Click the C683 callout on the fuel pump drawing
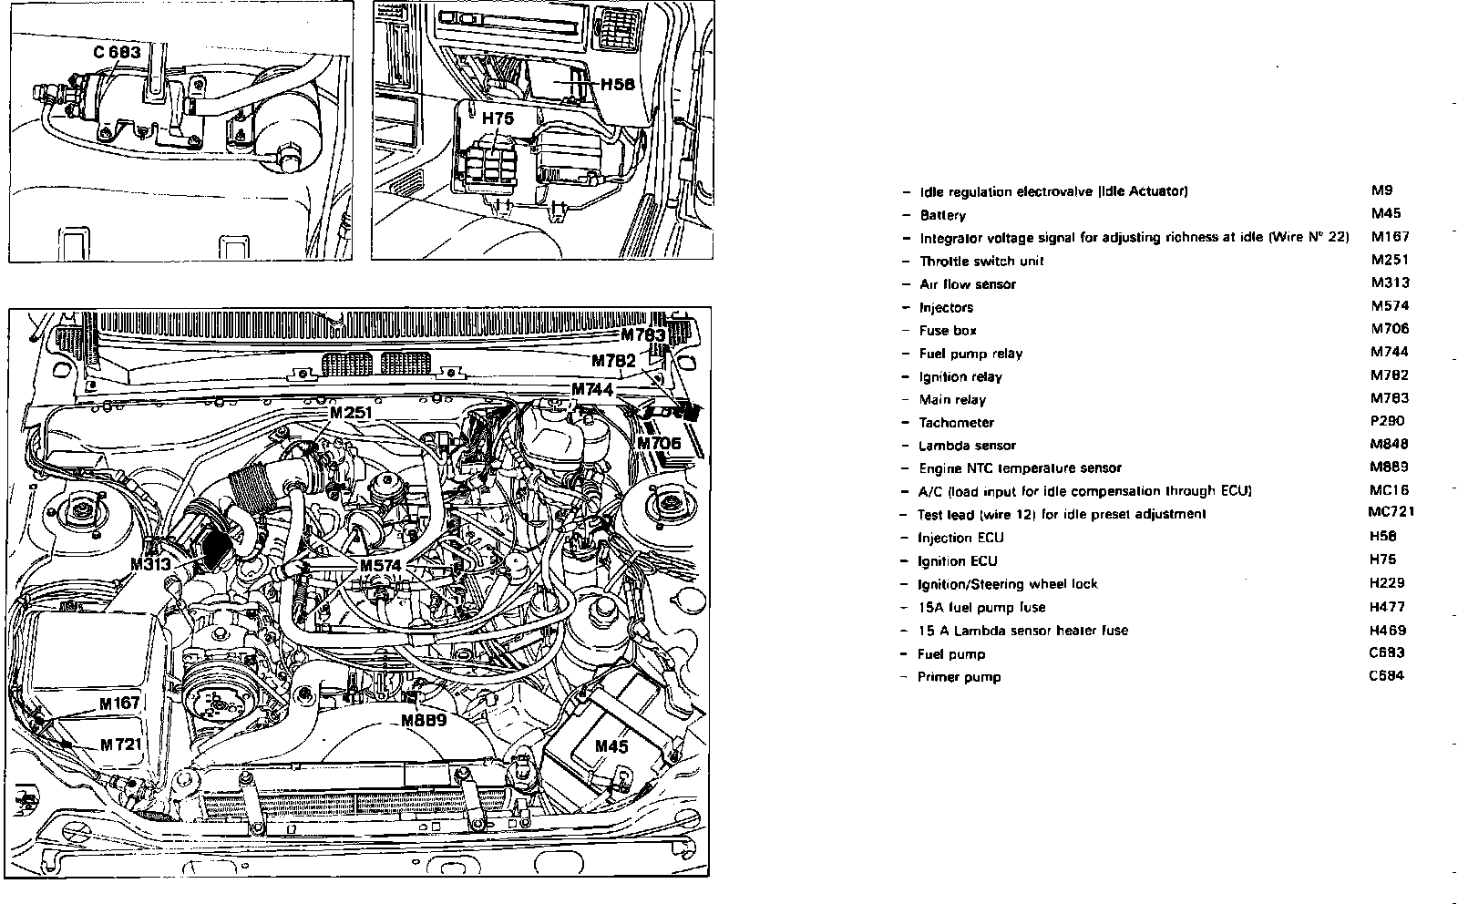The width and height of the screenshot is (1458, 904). [118, 53]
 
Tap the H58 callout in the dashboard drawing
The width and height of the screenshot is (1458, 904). [617, 85]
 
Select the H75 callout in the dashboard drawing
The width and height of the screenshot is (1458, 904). [498, 118]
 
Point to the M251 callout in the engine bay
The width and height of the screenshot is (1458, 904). [351, 413]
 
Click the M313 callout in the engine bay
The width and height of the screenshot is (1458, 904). [150, 564]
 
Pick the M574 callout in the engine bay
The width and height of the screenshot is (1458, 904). [380, 566]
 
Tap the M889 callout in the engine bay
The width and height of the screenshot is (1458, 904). [423, 721]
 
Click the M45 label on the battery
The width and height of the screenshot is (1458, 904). [611, 746]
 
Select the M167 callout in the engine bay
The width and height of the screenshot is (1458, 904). [120, 703]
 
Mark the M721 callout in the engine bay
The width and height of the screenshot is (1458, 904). [119, 745]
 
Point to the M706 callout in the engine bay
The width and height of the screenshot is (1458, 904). [658, 444]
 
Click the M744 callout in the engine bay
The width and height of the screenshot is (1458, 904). [592, 389]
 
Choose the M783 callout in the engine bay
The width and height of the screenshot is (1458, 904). [644, 334]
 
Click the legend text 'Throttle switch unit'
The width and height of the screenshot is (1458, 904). [981, 261]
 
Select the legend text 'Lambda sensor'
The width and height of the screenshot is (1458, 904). [967, 446]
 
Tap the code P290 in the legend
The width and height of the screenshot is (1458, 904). [1387, 421]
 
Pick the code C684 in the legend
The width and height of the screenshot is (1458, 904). [1386, 675]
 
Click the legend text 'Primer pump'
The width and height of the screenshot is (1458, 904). [959, 677]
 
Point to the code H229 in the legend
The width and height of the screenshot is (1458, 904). [1387, 582]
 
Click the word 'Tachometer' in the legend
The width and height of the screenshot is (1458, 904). [956, 423]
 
